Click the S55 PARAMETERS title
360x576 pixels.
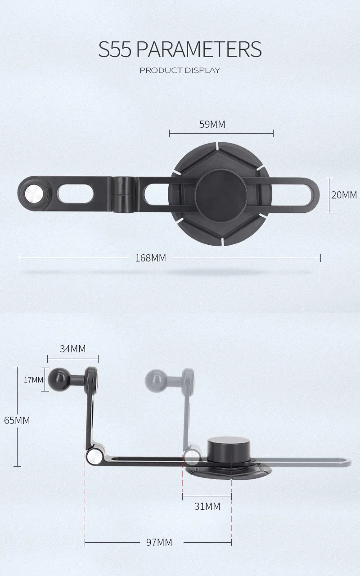(180, 49)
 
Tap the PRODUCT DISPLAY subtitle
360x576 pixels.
(180, 70)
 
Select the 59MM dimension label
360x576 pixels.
(212, 124)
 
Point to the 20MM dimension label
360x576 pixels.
(344, 195)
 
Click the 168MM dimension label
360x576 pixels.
(150, 258)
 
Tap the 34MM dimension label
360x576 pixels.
(72, 349)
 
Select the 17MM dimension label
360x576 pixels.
(34, 379)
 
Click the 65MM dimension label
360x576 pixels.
(17, 420)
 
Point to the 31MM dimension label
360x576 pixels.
(207, 506)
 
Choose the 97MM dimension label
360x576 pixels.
(159, 542)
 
